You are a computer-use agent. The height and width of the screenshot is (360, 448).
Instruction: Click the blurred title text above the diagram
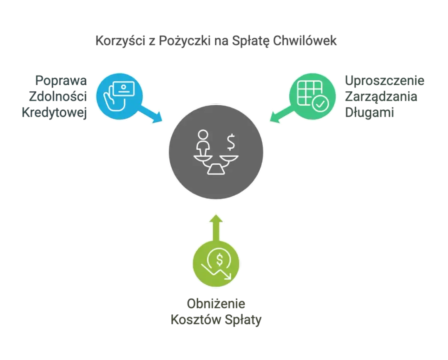(215, 41)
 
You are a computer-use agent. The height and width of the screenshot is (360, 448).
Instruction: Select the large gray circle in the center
(216, 151)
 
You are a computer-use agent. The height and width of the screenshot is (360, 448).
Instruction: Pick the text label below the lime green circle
(216, 311)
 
